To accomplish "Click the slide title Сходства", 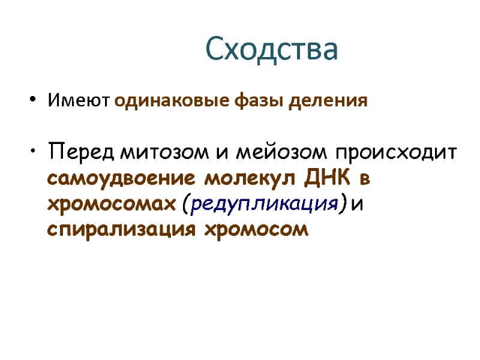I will click(272, 49).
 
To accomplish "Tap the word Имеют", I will click(80, 100).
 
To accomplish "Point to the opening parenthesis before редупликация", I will click(183, 205).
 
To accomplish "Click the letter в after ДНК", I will click(365, 179).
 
